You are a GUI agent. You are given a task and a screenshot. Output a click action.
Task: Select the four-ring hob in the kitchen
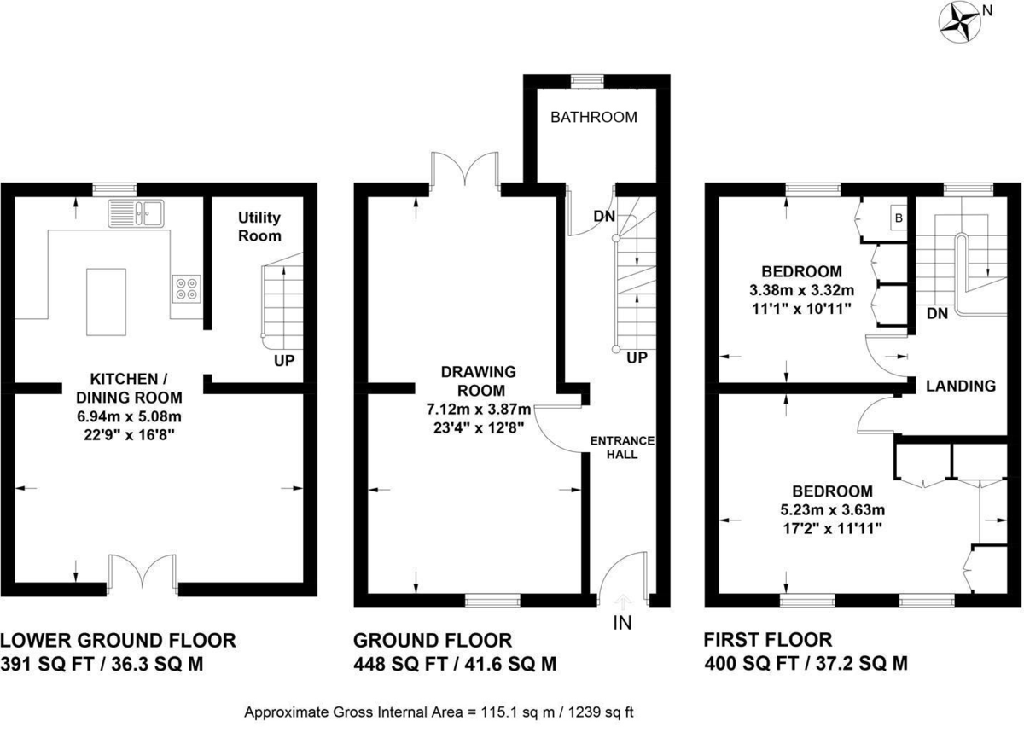pyautogui.click(x=188, y=289)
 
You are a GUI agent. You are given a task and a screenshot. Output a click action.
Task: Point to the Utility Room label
pyautogui.click(x=259, y=227)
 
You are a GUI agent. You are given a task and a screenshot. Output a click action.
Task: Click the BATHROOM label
pyautogui.click(x=593, y=118)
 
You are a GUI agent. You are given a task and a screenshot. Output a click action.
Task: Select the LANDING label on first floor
pyautogui.click(x=961, y=386)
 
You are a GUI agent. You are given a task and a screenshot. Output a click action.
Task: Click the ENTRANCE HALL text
pyautogui.click(x=622, y=447)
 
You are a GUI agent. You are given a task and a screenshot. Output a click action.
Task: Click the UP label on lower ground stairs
pyautogui.click(x=284, y=361)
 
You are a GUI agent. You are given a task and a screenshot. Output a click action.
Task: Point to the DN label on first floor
pyautogui.click(x=937, y=314)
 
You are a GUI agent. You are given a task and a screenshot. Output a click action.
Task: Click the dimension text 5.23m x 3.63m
pyautogui.click(x=832, y=510)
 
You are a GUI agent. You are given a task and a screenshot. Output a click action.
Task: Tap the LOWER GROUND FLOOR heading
pyautogui.click(x=118, y=641)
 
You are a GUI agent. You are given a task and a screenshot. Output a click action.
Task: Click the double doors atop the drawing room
pyautogui.click(x=465, y=169)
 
